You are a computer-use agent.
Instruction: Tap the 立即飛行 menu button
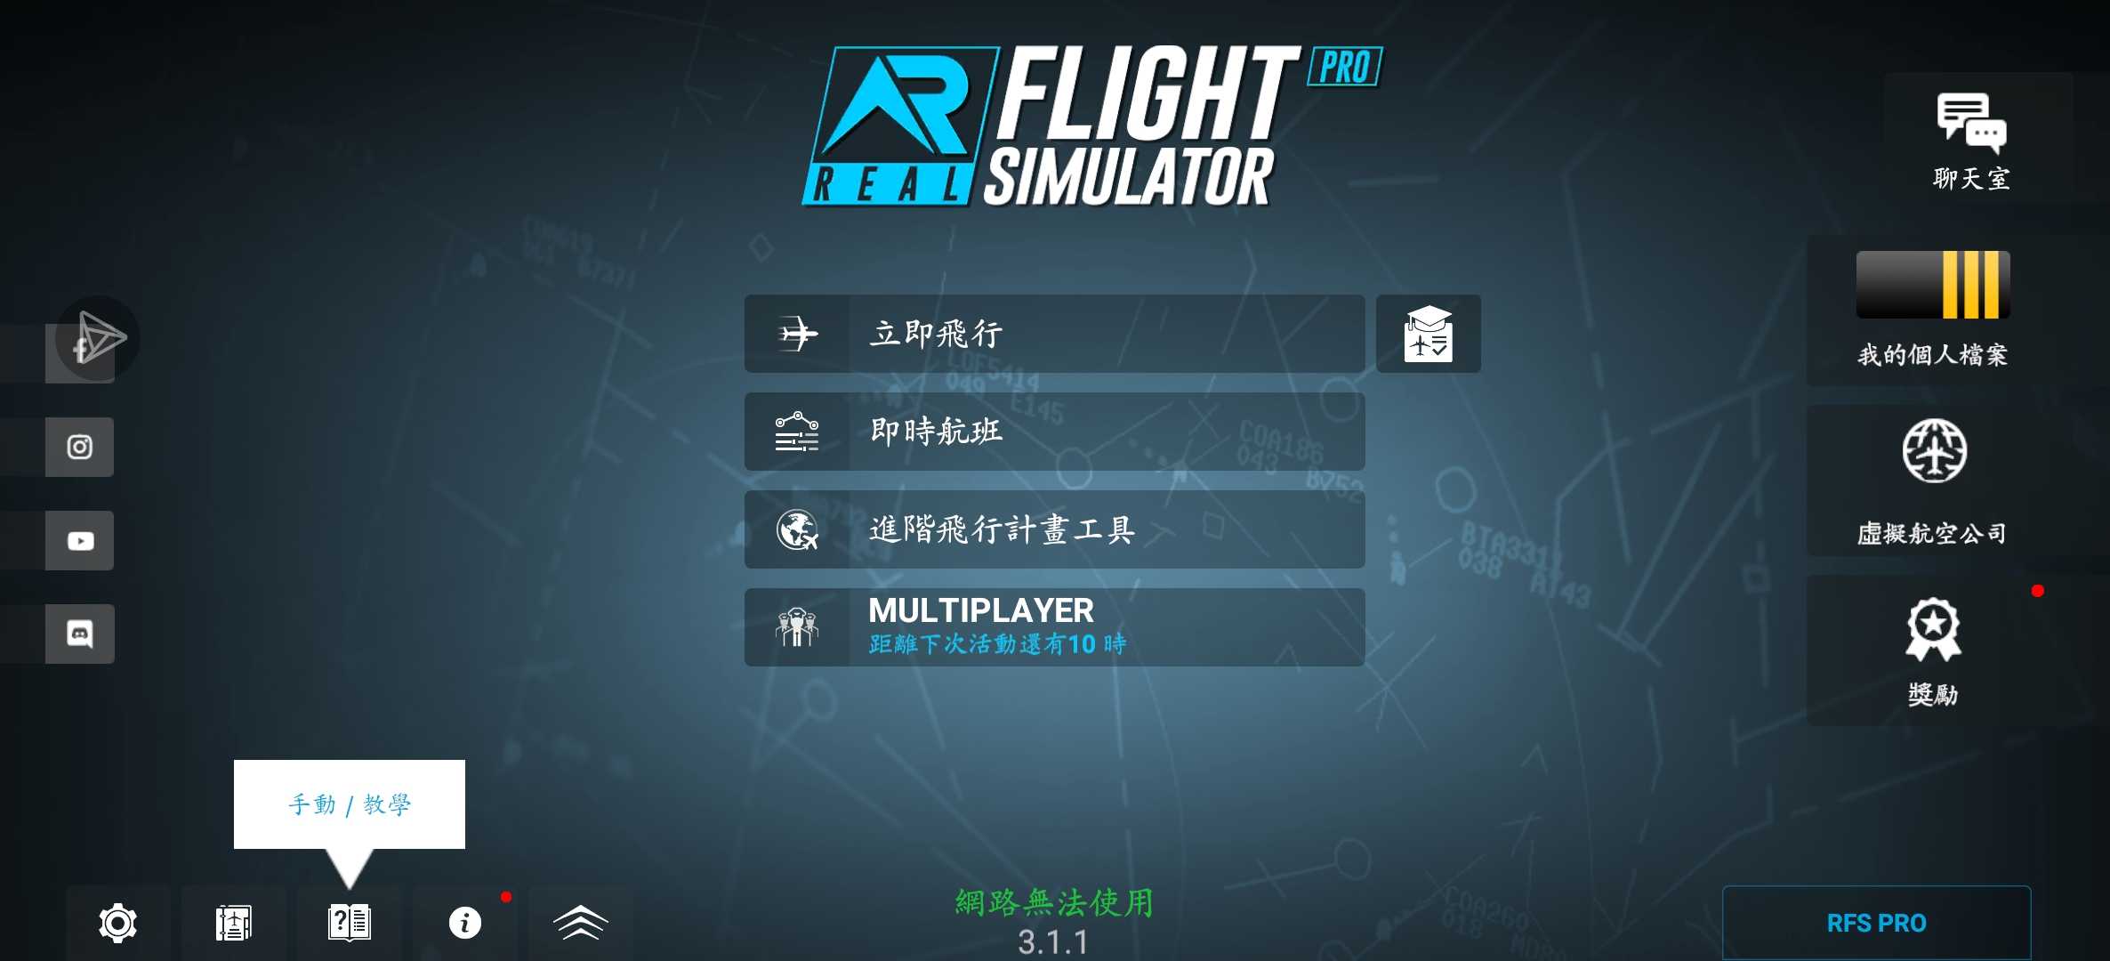point(1054,334)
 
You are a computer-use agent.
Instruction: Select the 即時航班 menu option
point(1054,432)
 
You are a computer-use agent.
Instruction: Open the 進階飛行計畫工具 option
point(1054,529)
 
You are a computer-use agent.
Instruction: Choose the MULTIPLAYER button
point(1054,627)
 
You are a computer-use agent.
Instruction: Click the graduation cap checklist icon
point(1429,334)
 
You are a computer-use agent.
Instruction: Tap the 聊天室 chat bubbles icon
point(1971,122)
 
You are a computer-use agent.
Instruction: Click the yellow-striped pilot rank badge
point(1933,285)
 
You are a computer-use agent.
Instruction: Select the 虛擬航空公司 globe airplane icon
point(1935,450)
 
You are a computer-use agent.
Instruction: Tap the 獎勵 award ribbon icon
point(1933,629)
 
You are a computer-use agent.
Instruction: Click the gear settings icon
point(117,923)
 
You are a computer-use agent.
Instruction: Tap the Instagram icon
point(80,447)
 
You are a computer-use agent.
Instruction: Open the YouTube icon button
point(80,541)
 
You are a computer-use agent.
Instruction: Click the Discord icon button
point(80,634)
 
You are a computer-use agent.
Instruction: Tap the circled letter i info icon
point(464,923)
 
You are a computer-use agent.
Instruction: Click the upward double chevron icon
point(581,923)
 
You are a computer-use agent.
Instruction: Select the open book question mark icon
point(350,923)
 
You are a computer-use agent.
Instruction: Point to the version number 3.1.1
point(1053,942)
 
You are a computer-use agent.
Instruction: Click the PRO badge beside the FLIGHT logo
point(1345,68)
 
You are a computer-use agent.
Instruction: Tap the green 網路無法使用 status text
point(1055,902)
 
